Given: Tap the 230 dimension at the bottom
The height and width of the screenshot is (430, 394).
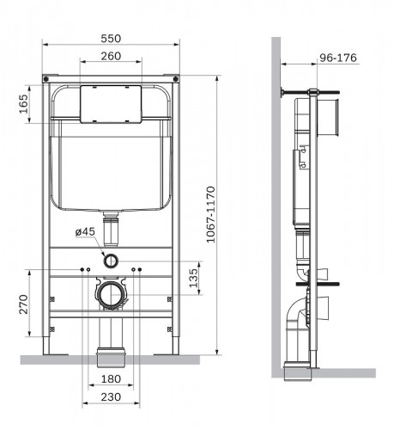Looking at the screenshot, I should (109, 398).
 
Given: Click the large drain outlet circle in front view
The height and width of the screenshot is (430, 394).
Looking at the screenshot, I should (109, 295).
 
